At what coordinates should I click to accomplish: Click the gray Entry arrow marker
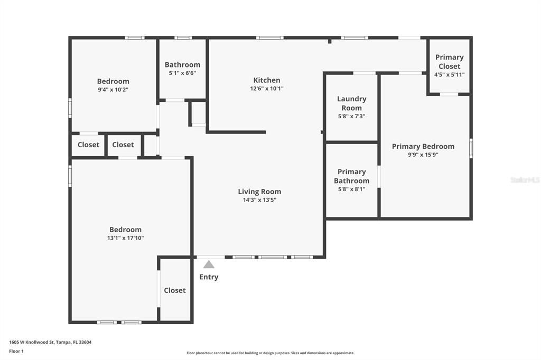click(x=209, y=264)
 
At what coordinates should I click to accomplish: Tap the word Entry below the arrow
click(x=209, y=277)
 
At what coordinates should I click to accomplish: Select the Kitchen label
click(x=267, y=80)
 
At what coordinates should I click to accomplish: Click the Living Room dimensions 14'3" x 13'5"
click(x=259, y=200)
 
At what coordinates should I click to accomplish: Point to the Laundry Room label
click(x=351, y=103)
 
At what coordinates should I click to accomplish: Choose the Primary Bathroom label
click(x=351, y=176)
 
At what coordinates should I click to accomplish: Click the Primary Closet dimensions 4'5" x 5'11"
click(x=449, y=74)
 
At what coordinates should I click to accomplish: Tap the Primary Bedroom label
click(x=423, y=146)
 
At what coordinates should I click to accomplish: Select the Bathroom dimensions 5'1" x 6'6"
click(x=182, y=73)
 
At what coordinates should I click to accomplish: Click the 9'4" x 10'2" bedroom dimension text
click(x=113, y=90)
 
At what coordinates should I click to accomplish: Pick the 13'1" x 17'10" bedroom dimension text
click(x=126, y=238)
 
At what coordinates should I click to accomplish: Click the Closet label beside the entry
click(x=174, y=290)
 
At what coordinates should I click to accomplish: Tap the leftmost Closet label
click(x=88, y=145)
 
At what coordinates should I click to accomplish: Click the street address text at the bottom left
click(x=50, y=343)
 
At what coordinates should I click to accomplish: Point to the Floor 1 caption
click(x=16, y=352)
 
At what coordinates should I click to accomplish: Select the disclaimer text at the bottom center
click(x=270, y=353)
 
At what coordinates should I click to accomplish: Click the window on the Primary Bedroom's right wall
click(x=471, y=148)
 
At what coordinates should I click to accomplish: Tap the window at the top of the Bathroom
click(x=183, y=37)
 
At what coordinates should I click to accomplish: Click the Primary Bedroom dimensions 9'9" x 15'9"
click(x=423, y=155)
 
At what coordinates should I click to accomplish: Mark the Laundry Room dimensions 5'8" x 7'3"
click(x=351, y=117)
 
